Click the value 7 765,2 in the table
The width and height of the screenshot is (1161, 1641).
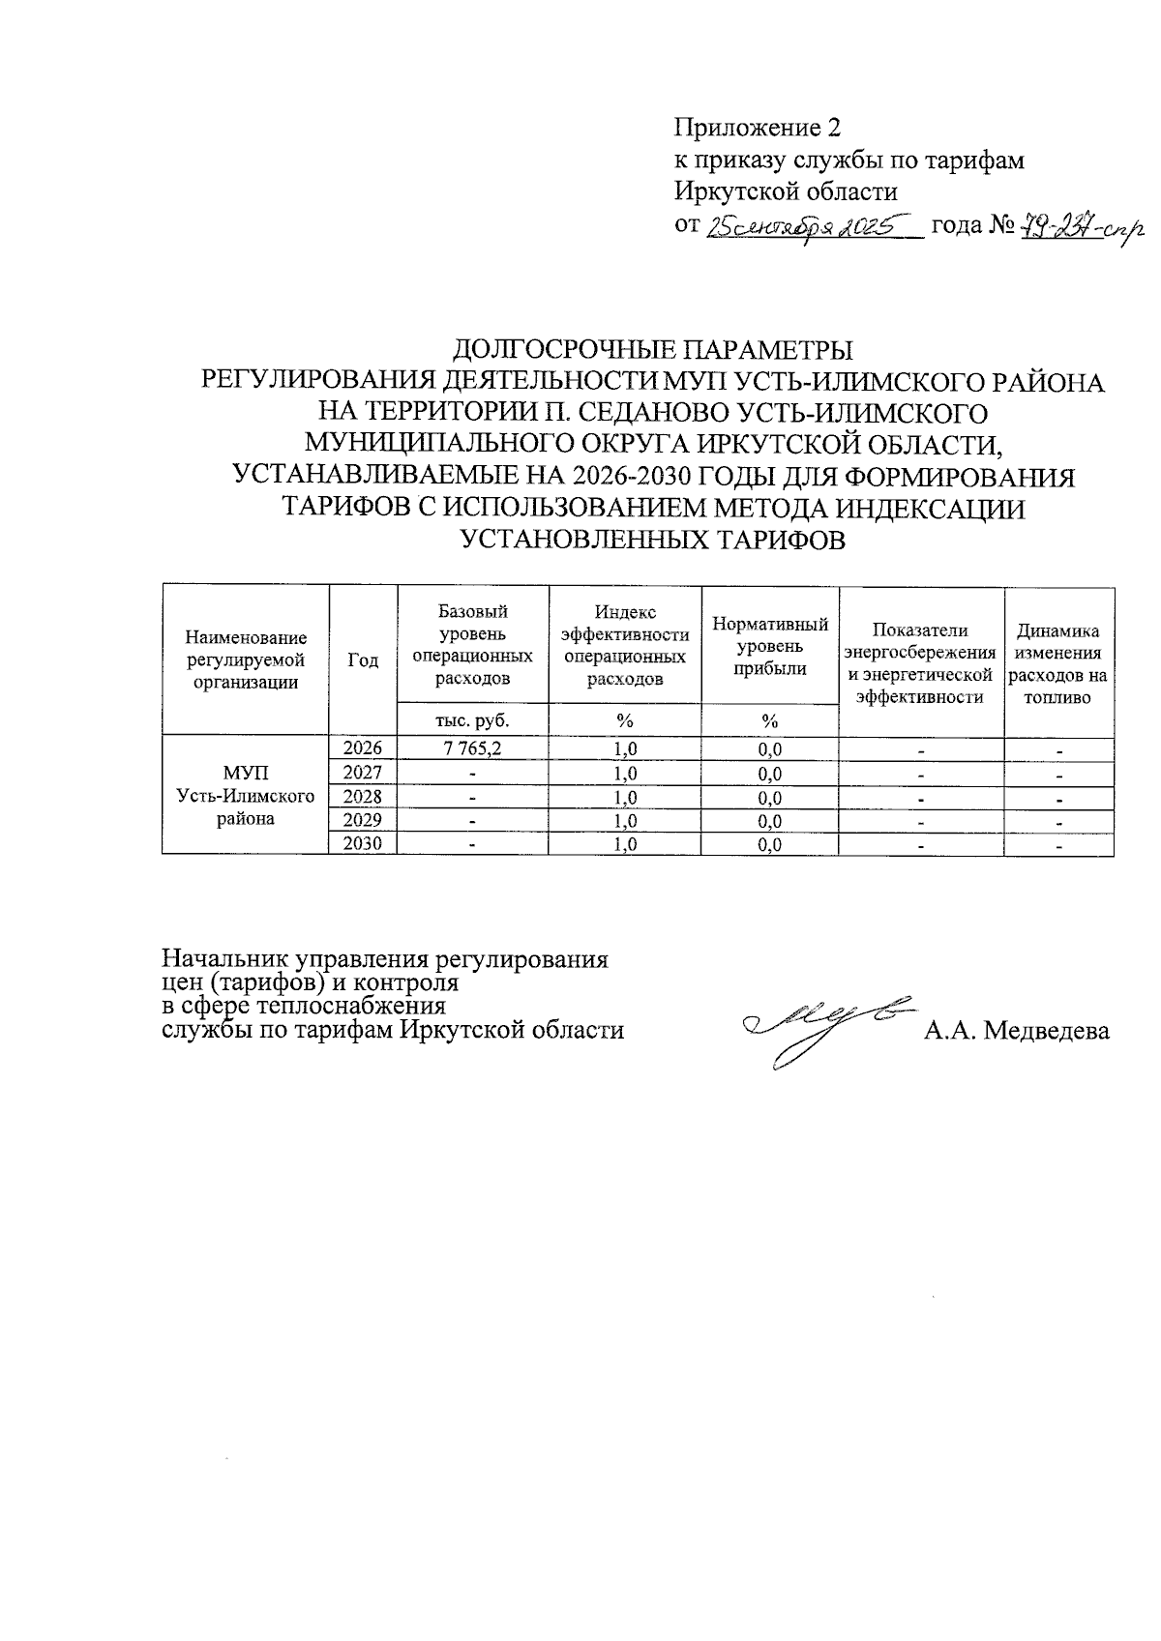pos(472,748)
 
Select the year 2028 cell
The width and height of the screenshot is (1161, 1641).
pos(363,796)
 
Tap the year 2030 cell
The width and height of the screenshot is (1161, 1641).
pos(363,843)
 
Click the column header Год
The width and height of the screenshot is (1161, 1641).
pos(363,660)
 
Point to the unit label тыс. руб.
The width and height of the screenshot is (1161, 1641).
pos(472,719)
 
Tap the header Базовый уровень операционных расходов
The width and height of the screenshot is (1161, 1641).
pos(472,644)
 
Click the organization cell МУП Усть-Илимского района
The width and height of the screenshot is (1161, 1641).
pos(246,795)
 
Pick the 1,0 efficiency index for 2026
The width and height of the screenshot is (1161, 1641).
pos(625,748)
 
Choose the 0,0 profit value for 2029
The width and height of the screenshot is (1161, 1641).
pos(770,821)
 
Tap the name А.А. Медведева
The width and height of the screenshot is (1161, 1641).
pos(1016,1031)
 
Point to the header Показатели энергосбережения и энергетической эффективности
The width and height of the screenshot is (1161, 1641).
pos(920,661)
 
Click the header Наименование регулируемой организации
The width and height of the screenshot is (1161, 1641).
pos(246,659)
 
